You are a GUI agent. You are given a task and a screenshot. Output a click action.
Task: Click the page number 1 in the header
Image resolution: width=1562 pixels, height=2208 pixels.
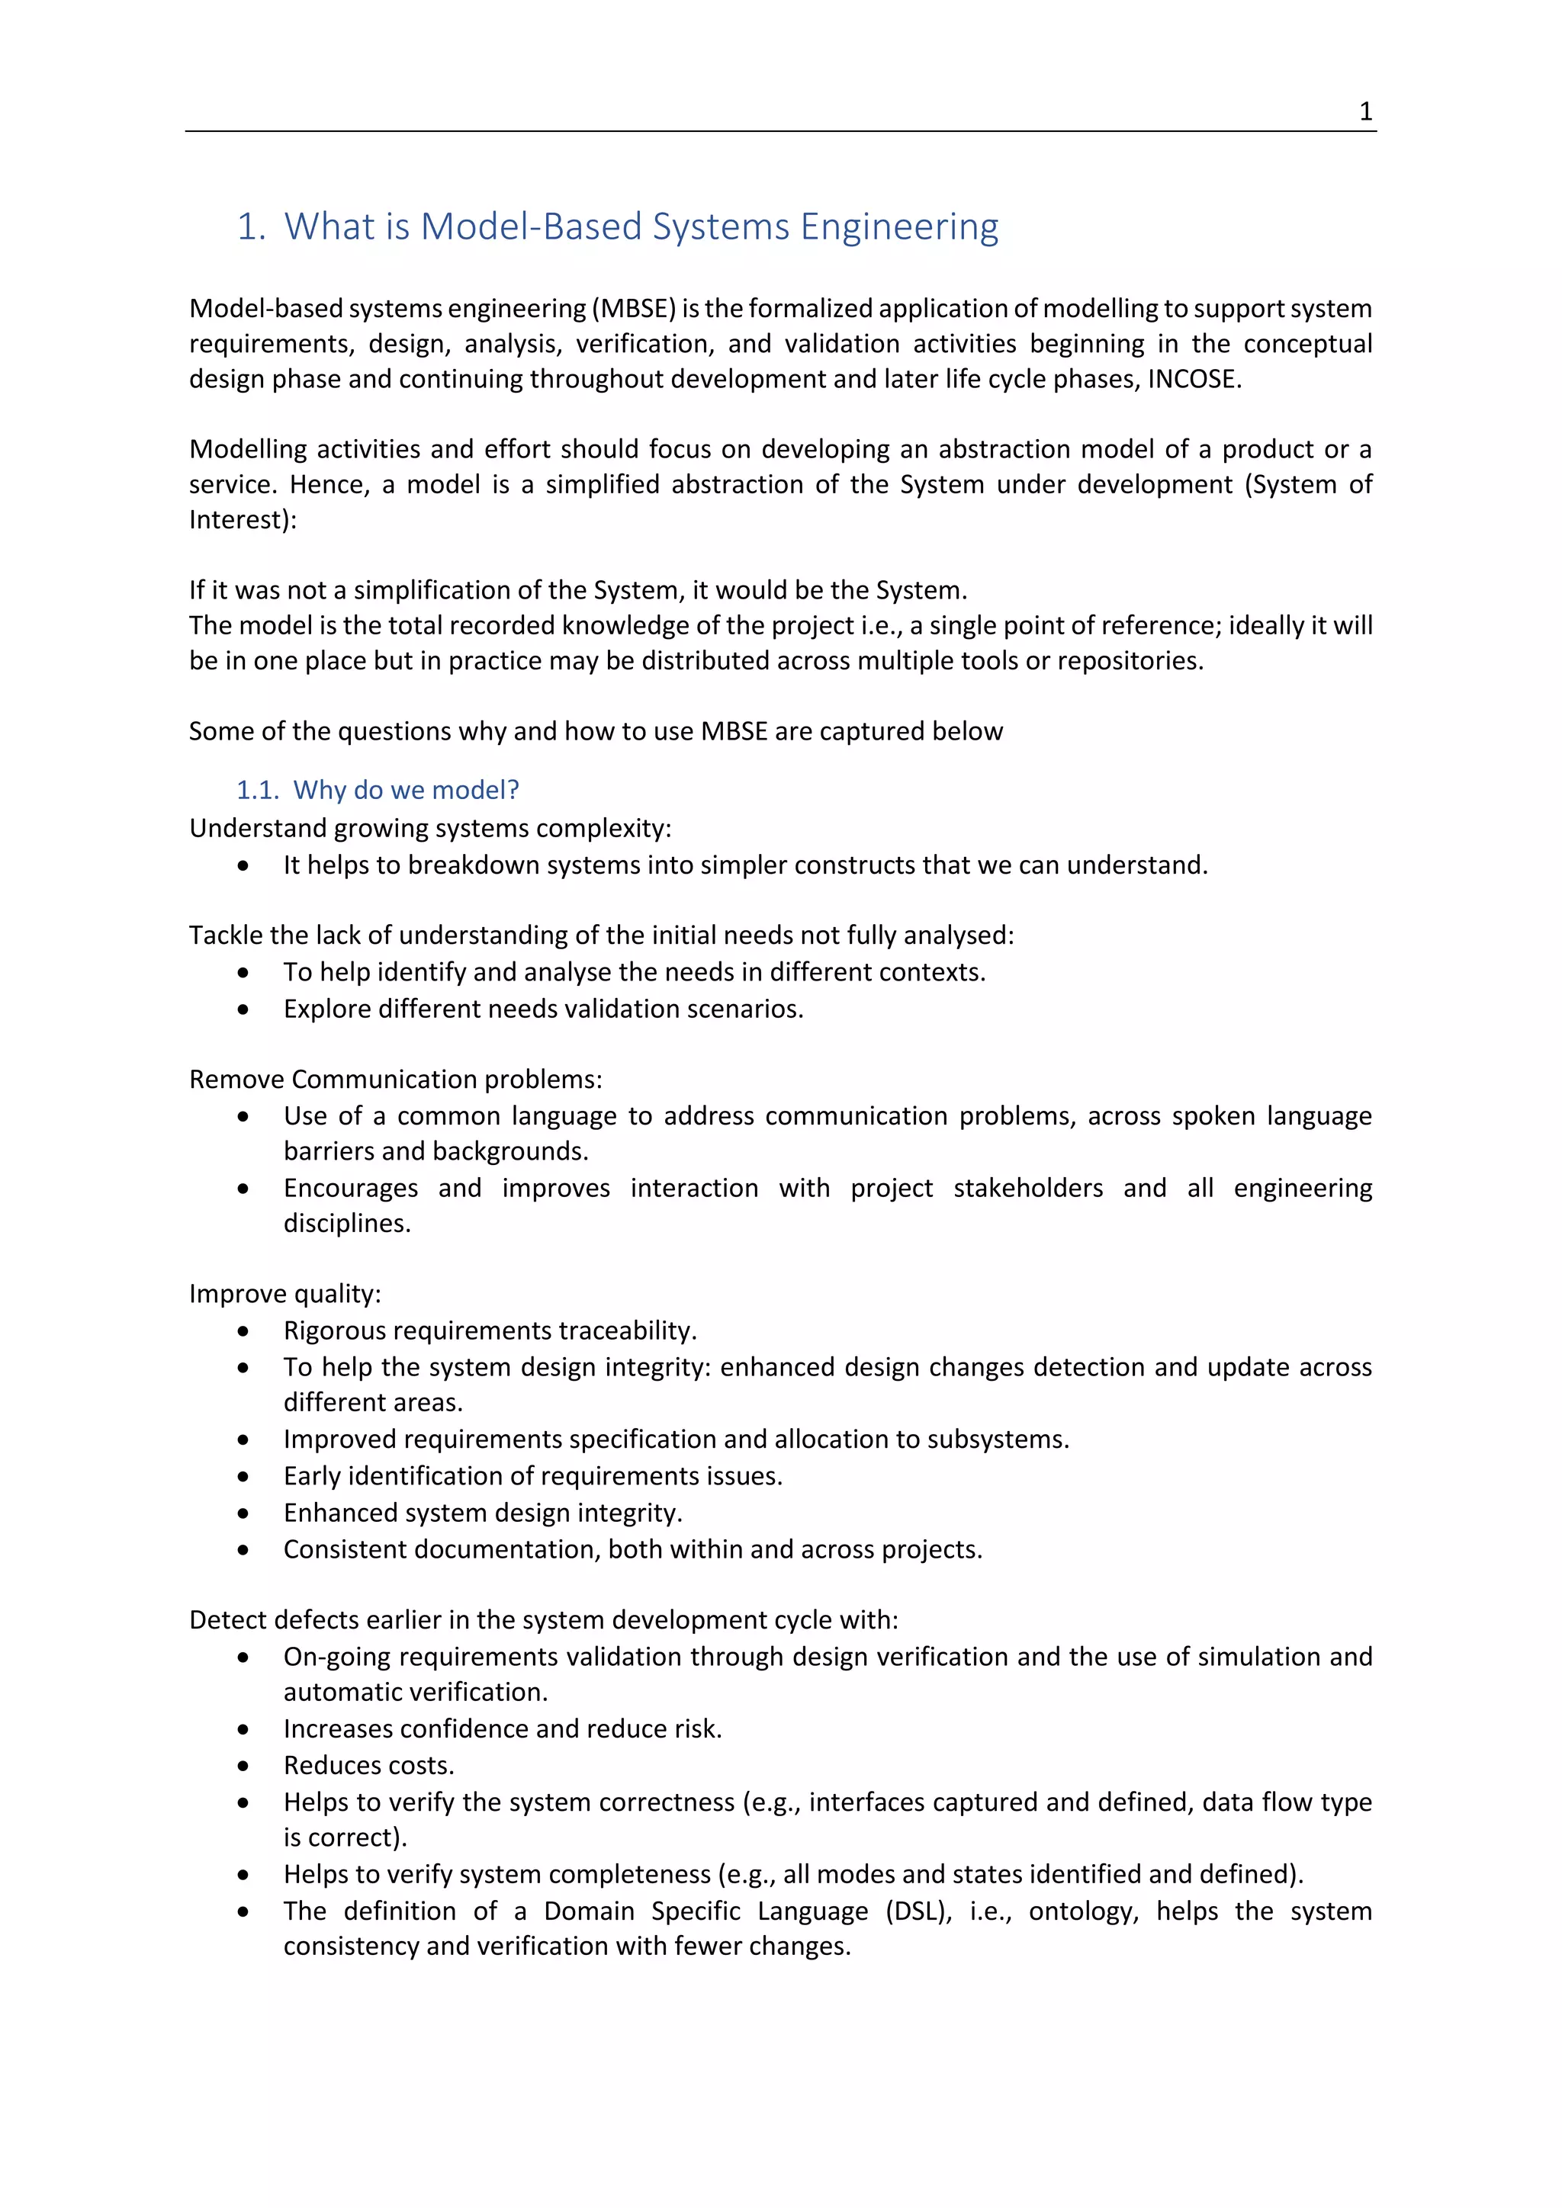pyautogui.click(x=1364, y=111)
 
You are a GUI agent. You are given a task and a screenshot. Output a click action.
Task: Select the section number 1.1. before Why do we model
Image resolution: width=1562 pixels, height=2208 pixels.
pyautogui.click(x=258, y=790)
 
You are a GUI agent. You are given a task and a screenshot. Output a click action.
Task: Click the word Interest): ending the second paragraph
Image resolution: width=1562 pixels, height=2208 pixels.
pyautogui.click(x=243, y=519)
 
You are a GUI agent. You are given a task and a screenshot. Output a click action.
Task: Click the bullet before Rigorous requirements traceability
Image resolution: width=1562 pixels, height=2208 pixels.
pyautogui.click(x=243, y=1331)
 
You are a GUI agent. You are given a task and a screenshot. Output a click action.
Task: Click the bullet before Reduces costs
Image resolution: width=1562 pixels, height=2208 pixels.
pyautogui.click(x=243, y=1766)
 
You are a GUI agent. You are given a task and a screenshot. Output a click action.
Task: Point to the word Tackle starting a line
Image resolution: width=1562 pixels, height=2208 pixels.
pyautogui.click(x=223, y=935)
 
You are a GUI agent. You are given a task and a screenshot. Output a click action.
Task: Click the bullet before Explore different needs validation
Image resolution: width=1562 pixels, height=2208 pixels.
pyautogui.click(x=243, y=1009)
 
